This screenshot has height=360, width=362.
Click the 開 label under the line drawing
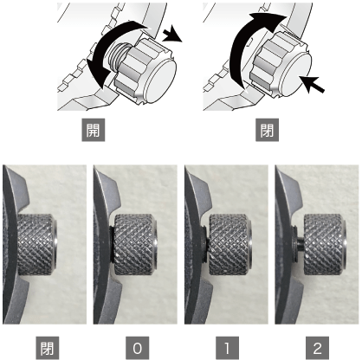(94, 130)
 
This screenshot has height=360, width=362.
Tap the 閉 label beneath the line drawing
(267, 130)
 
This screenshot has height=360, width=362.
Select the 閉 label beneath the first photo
(48, 348)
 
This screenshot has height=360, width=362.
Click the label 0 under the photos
(138, 348)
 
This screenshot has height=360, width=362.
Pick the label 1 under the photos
(227, 348)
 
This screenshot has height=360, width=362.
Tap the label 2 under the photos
(317, 348)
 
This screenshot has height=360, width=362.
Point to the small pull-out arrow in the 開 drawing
(172, 34)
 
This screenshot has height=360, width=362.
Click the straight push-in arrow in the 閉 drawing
(313, 84)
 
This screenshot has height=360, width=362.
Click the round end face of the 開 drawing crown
(159, 81)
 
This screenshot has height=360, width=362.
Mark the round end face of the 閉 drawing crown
(295, 75)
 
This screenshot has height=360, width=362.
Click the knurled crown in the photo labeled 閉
(37, 245)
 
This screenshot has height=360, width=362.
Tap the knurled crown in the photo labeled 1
(230, 245)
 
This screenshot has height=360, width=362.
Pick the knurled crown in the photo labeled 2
(326, 245)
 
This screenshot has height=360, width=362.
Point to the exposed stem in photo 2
(301, 244)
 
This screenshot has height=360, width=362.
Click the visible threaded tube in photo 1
(205, 244)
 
